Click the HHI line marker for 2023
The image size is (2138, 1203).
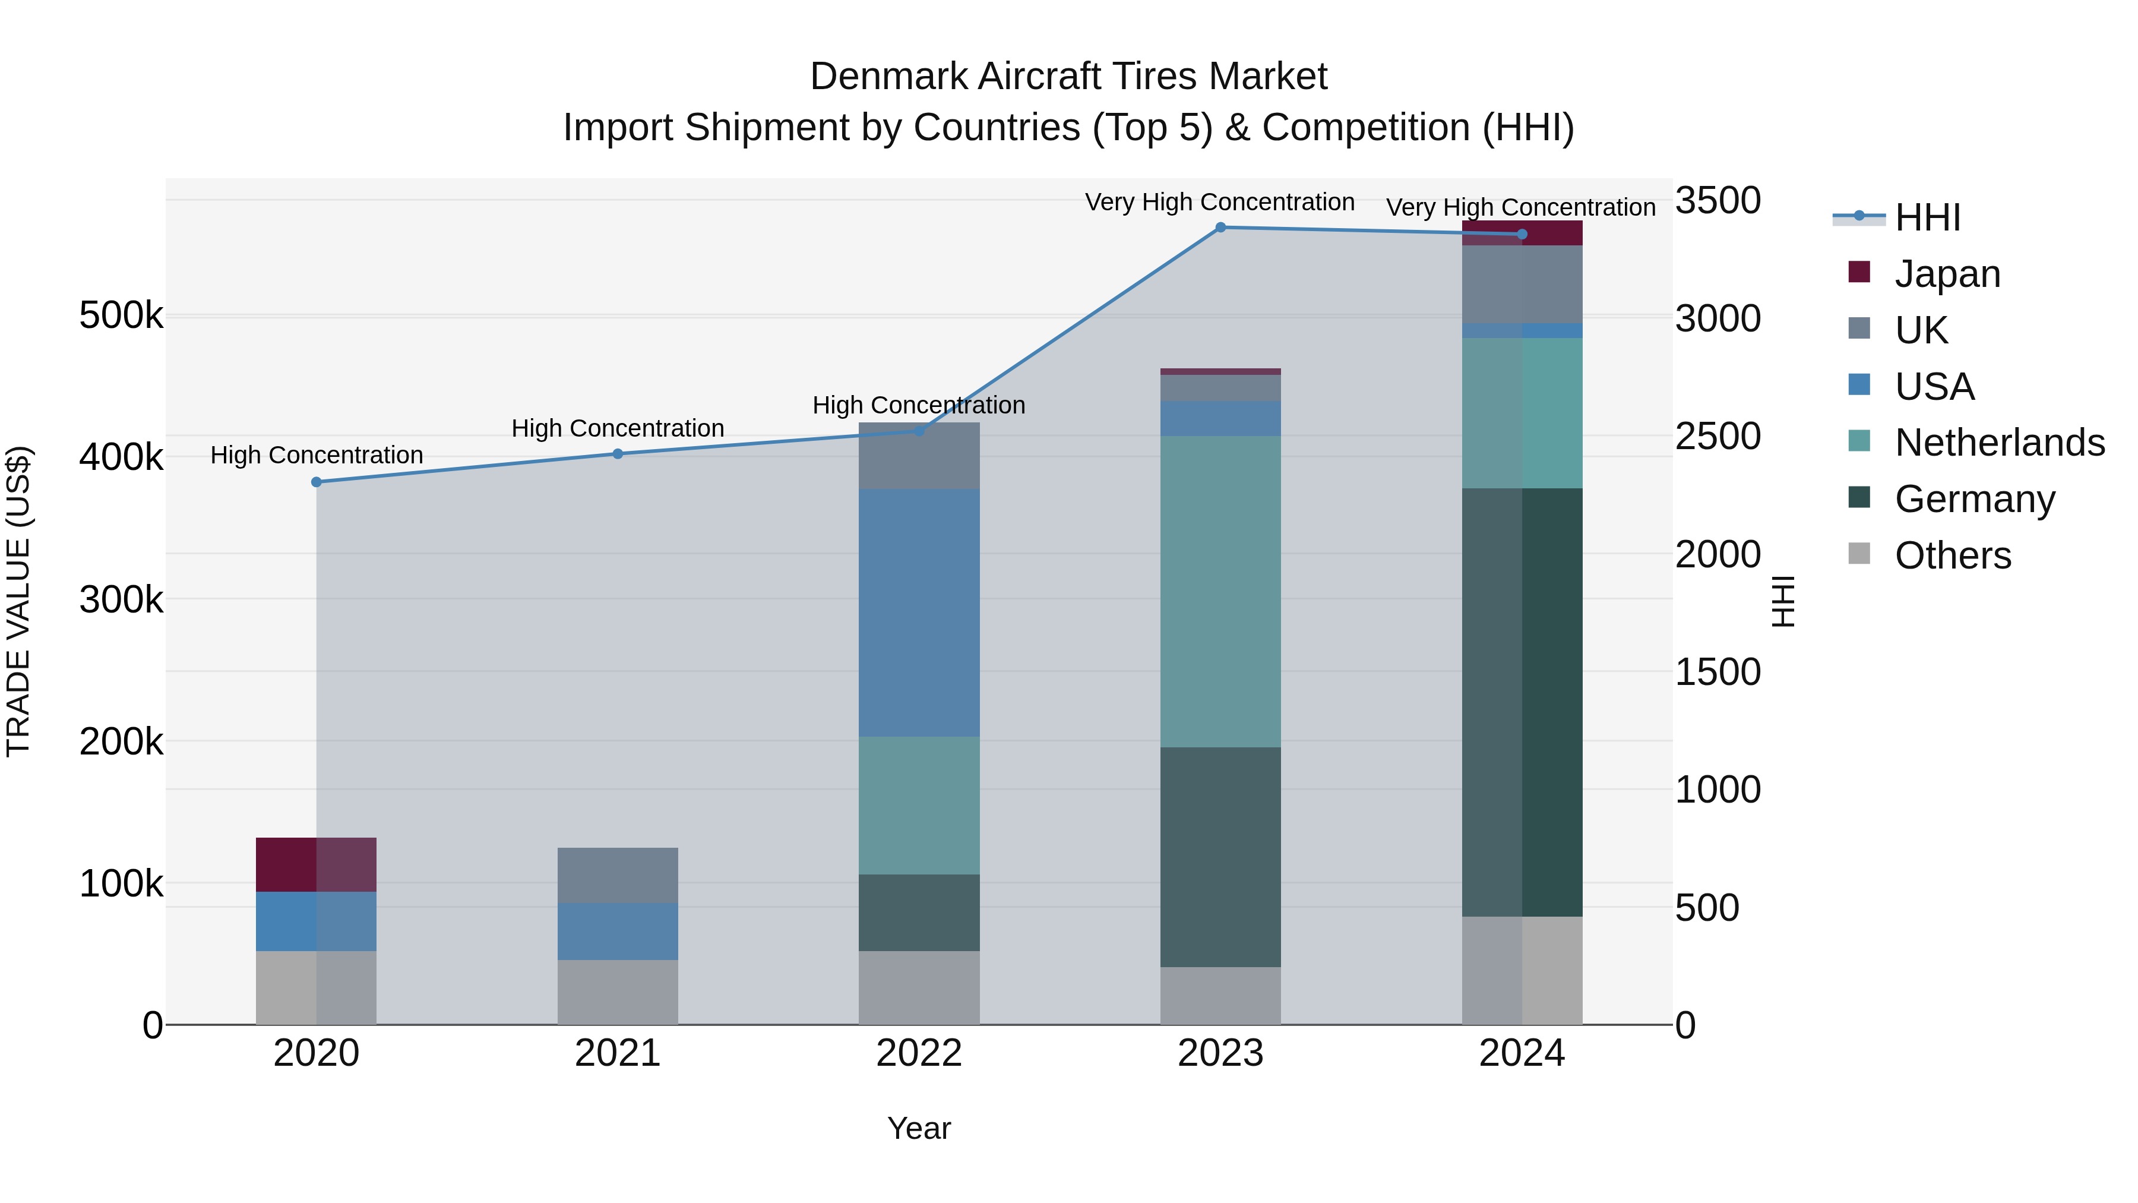pos(1220,228)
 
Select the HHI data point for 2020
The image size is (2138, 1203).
pos(316,482)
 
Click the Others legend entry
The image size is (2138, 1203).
pos(1952,555)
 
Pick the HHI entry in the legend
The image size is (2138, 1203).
pos(1927,217)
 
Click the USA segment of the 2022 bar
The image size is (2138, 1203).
pos(919,612)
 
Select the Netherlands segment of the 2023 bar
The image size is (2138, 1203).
pos(1220,591)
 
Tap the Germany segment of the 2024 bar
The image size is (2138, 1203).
pos(1522,702)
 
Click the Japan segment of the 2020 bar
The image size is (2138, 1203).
pos(316,864)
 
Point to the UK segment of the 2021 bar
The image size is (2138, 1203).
pos(618,875)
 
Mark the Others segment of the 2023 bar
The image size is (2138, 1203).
pos(1220,996)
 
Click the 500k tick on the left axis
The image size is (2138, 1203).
pos(121,315)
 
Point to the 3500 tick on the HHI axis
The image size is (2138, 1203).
pos(1717,201)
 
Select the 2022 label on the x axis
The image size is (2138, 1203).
pos(919,1053)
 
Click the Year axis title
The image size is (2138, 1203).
pos(919,1128)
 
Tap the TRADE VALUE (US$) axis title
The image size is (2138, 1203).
pos(18,601)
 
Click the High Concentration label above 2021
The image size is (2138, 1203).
pos(618,428)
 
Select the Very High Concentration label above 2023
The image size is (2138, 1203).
pos(1219,202)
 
